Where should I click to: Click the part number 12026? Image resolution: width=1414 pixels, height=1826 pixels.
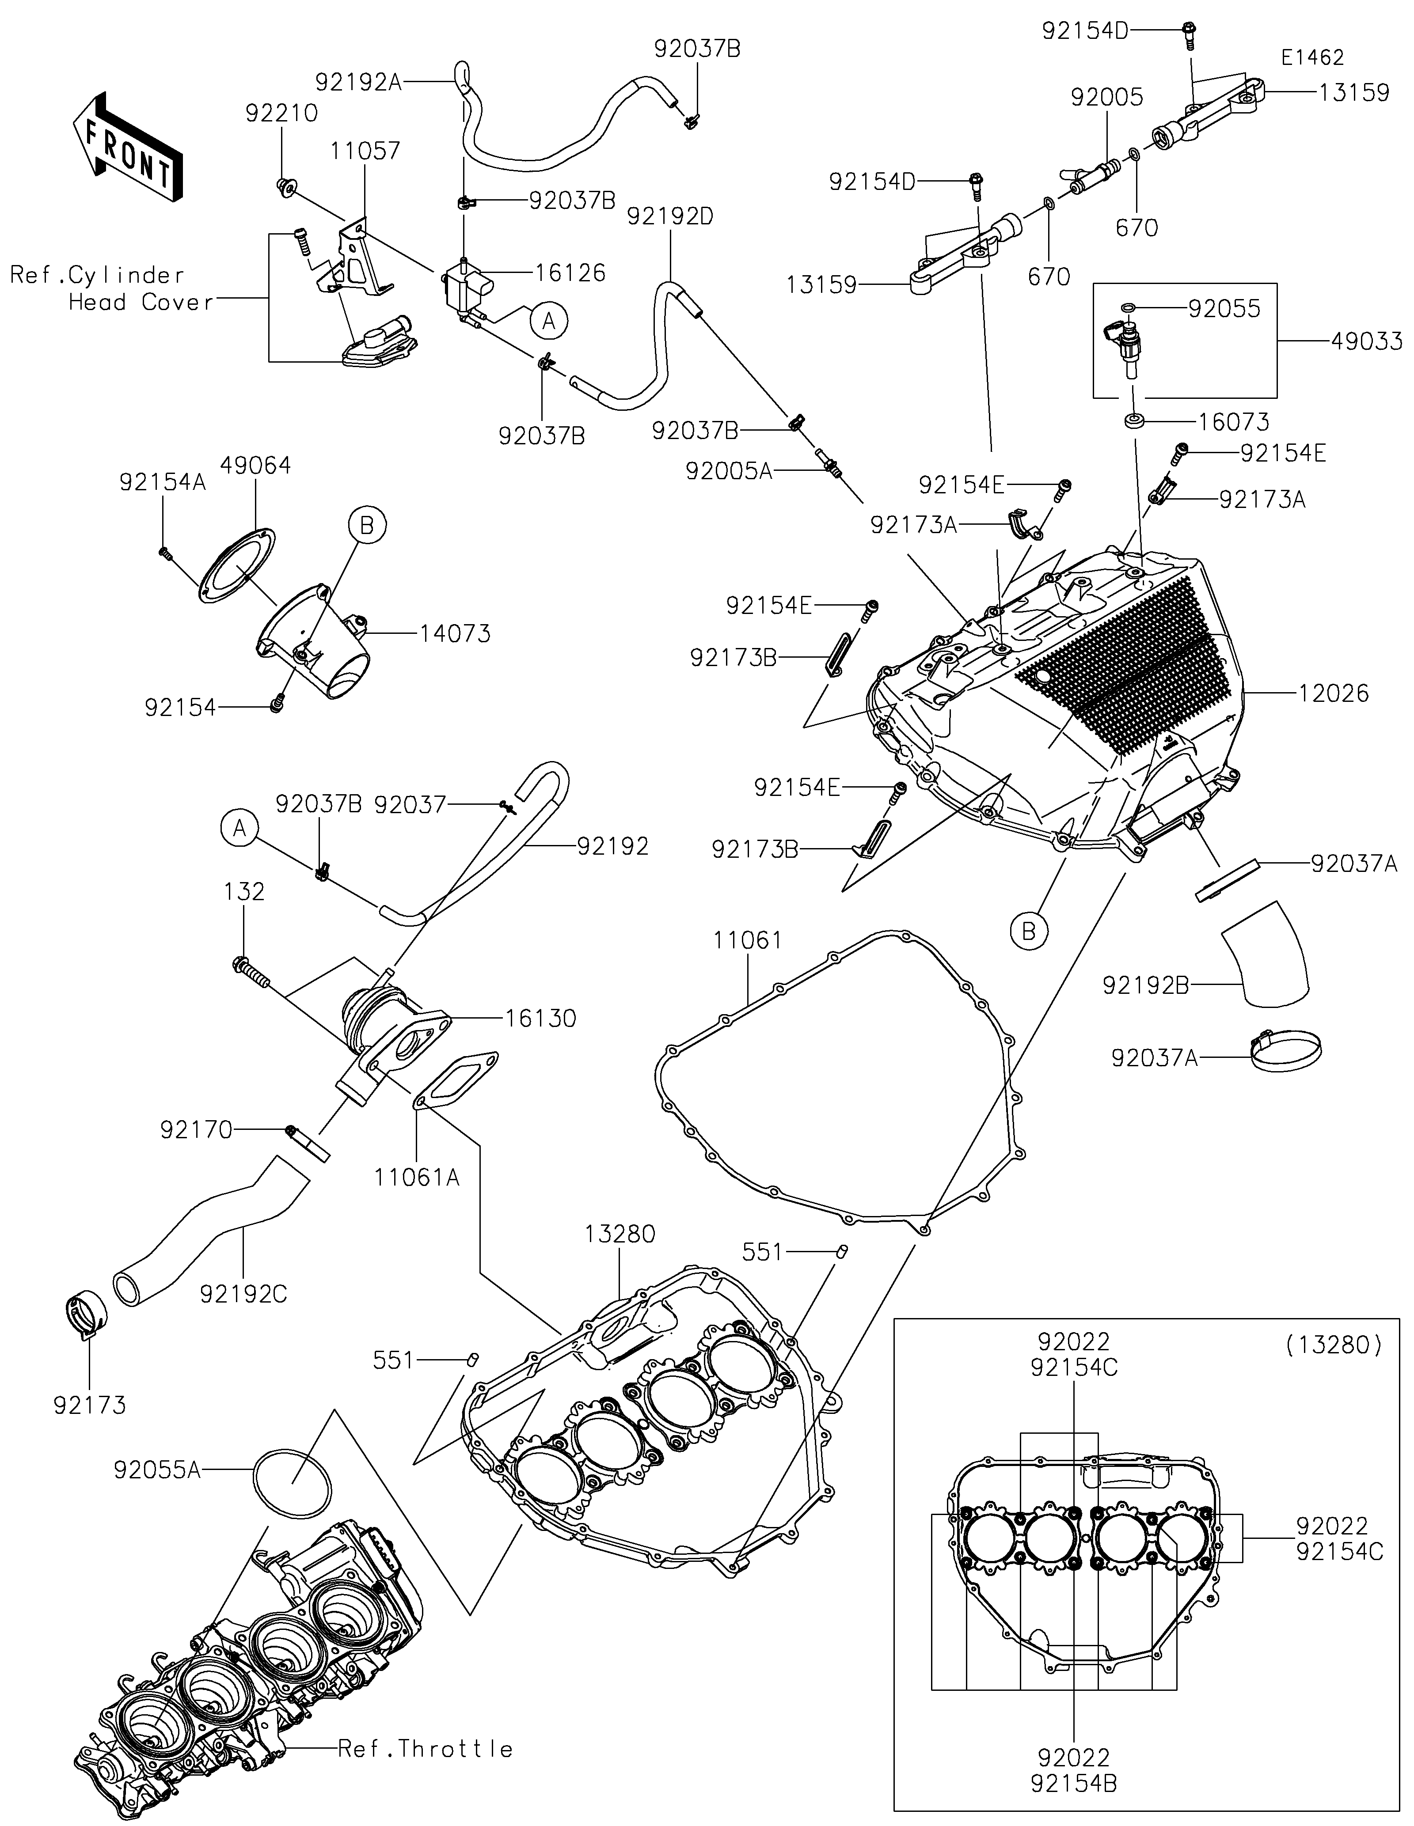coord(1334,693)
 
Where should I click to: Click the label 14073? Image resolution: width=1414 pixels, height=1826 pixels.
coord(455,634)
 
